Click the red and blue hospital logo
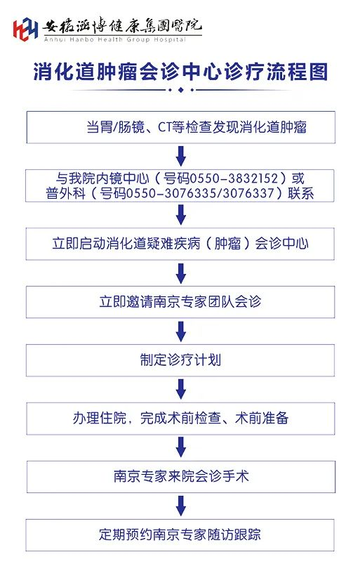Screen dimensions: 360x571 tap(25, 29)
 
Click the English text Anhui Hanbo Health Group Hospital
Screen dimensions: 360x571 tap(115, 39)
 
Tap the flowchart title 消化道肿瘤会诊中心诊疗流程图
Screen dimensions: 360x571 tap(180, 71)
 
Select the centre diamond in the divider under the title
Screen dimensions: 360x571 tap(180, 90)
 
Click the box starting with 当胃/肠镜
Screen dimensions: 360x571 tap(180, 127)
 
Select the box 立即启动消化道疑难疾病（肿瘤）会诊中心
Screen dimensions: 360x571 tap(180, 244)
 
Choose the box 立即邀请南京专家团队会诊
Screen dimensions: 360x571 tap(180, 302)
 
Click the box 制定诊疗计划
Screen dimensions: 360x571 tap(180, 360)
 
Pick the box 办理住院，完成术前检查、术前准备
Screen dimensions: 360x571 tap(180, 419)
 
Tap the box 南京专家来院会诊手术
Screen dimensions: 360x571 tap(180, 477)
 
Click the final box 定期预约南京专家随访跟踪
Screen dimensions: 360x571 tap(180, 535)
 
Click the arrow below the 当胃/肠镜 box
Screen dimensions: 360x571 tap(181, 157)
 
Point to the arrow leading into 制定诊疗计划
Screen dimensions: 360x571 tap(181, 332)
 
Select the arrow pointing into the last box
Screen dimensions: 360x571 tap(181, 506)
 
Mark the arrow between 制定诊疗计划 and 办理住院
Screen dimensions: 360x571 tap(181, 390)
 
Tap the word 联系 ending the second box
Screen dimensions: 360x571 tap(301, 193)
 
